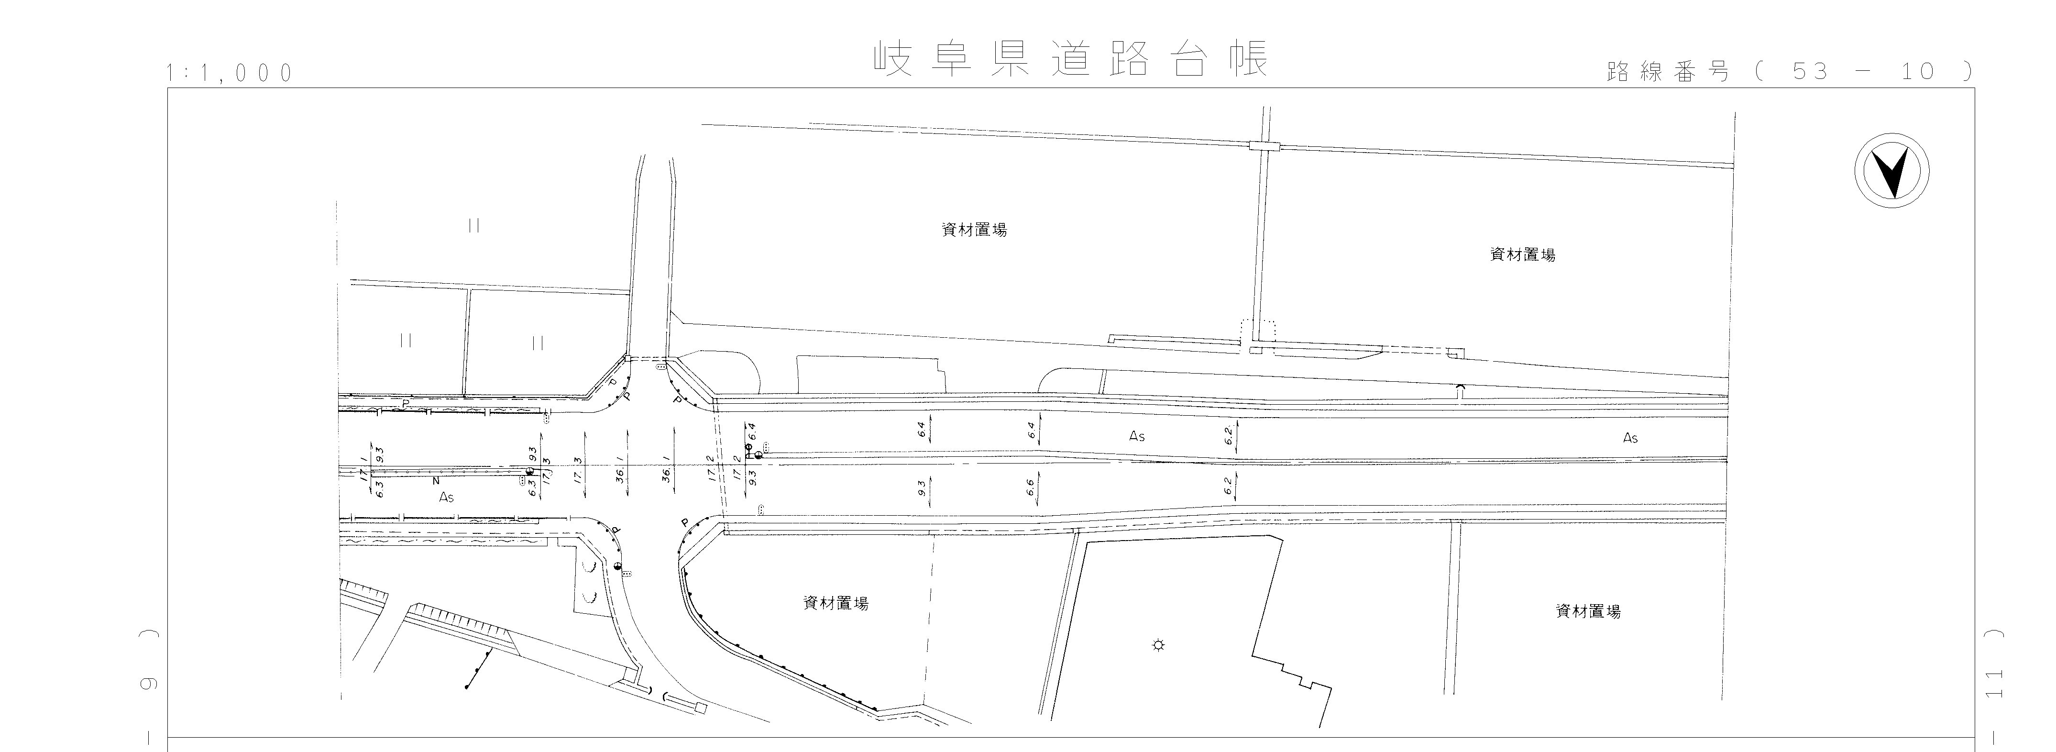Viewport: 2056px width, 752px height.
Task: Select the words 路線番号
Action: pyautogui.click(x=1667, y=72)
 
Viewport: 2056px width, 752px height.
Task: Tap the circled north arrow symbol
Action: pyautogui.click(x=1891, y=172)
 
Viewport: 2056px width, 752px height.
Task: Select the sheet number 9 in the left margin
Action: pyautogui.click(x=149, y=684)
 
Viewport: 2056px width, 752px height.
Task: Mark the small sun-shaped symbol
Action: pyautogui.click(x=1158, y=645)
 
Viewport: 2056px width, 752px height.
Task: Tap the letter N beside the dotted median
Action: pyautogui.click(x=436, y=482)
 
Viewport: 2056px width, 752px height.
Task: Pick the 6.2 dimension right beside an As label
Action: pyautogui.click(x=1229, y=435)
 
